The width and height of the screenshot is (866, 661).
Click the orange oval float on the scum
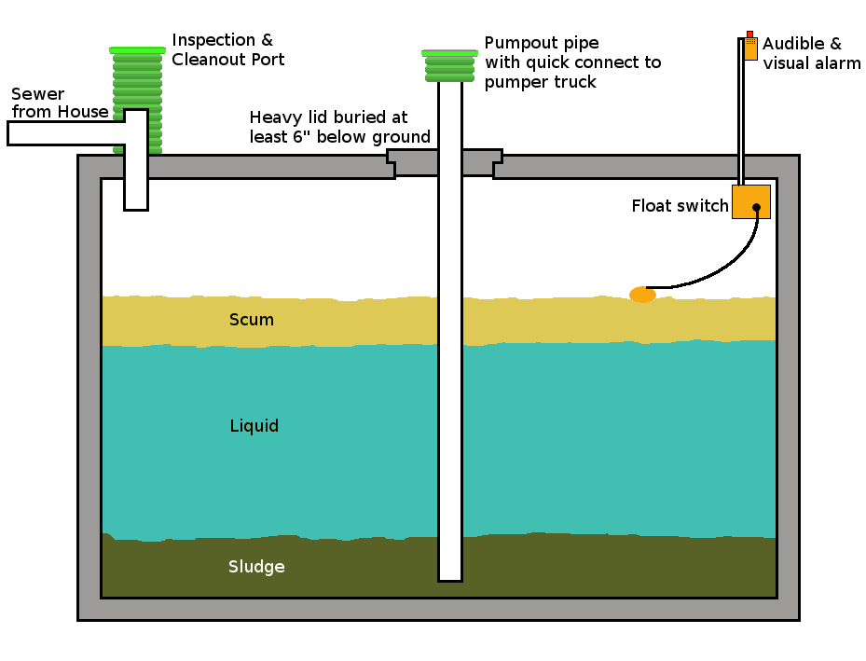(642, 295)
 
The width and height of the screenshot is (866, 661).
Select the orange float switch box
(750, 201)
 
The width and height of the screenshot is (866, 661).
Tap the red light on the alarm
(749, 34)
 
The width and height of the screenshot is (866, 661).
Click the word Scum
(252, 320)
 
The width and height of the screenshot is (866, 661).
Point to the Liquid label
(254, 426)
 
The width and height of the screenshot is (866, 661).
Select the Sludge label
(256, 567)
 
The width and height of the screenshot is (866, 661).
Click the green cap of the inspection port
(137, 49)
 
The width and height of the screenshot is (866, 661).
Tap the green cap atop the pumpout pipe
(449, 53)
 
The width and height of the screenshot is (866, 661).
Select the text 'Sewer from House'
(59, 103)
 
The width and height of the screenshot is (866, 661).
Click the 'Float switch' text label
(680, 206)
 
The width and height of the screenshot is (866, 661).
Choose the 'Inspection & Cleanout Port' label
(227, 49)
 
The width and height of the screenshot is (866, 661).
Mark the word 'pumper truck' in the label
(540, 82)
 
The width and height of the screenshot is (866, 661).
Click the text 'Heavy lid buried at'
(328, 117)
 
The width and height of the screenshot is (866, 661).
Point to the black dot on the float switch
(756, 207)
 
